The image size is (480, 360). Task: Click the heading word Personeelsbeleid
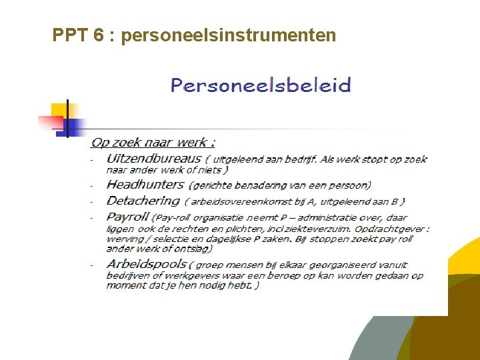click(261, 85)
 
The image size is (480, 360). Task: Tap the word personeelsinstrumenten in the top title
click(229, 35)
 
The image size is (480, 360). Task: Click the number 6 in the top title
click(98, 35)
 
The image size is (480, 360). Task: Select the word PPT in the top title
click(69, 35)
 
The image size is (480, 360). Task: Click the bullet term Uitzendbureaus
click(153, 159)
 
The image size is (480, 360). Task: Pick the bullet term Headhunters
click(145, 185)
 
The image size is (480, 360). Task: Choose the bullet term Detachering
click(143, 201)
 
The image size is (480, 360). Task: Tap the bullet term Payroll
click(128, 217)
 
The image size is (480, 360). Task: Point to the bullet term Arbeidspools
click(147, 264)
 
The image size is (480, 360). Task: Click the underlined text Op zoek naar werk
click(153, 142)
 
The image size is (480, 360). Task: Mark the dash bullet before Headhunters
click(92, 185)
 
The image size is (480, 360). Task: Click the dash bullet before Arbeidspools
click(92, 265)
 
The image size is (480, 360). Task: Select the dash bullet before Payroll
click(92, 218)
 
